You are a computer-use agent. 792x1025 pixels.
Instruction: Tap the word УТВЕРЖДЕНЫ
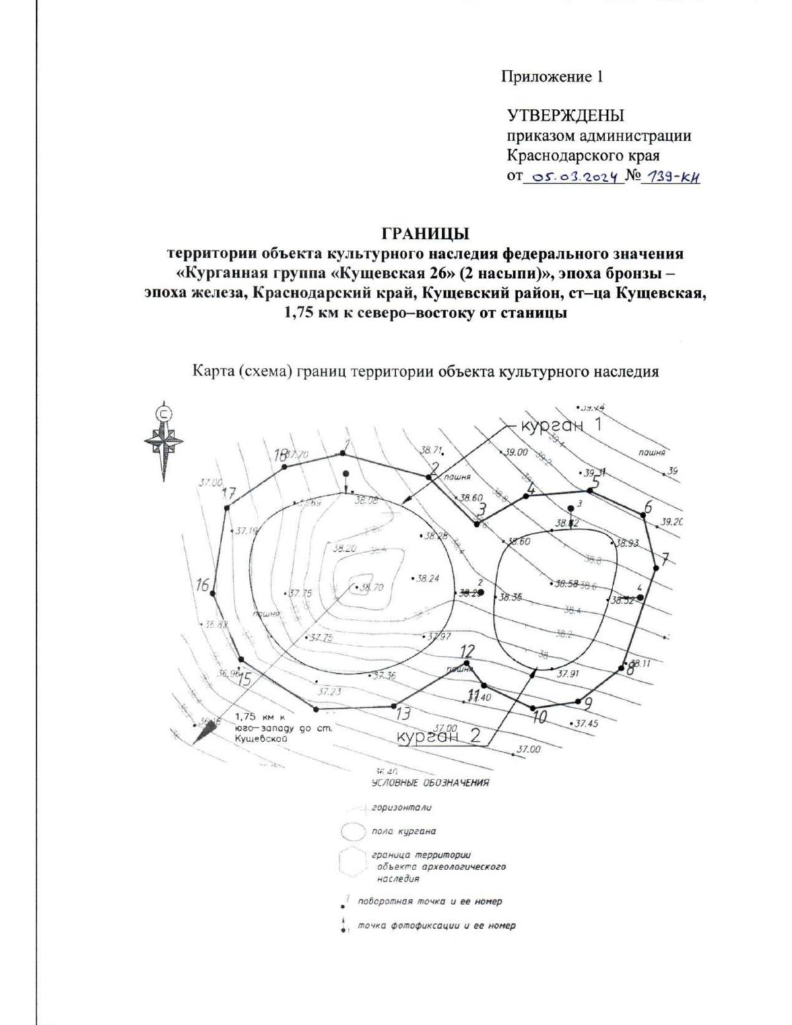(x=566, y=116)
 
